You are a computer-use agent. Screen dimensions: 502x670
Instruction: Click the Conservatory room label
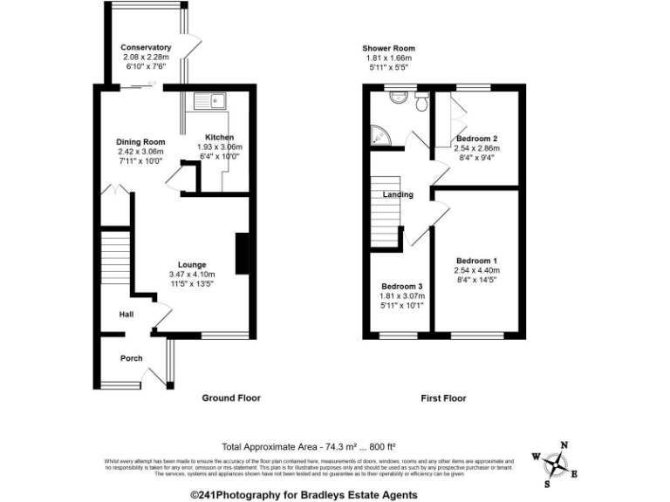[146, 47]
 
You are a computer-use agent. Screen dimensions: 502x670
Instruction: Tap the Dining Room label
[141, 142]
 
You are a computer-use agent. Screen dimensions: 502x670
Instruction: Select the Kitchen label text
[219, 138]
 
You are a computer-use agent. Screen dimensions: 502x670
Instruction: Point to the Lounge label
[192, 264]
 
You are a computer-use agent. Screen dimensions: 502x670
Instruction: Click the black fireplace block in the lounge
[242, 253]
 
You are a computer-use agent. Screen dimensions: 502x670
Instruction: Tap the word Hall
[126, 315]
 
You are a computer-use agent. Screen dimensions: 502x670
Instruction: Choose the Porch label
[131, 358]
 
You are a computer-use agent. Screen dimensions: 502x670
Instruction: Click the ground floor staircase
[115, 262]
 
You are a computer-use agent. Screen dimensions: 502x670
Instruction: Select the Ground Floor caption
[231, 398]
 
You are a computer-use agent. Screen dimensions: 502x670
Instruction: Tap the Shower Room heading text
[388, 49]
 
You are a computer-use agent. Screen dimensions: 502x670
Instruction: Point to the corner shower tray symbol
[379, 136]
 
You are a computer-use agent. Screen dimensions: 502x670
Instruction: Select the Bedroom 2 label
[476, 139]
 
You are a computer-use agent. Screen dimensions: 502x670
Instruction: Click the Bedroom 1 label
[476, 261]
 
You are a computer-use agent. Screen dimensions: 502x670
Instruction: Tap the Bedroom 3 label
[401, 287]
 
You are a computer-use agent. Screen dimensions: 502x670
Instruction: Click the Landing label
[398, 194]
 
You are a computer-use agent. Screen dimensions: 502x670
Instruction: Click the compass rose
[555, 463]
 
